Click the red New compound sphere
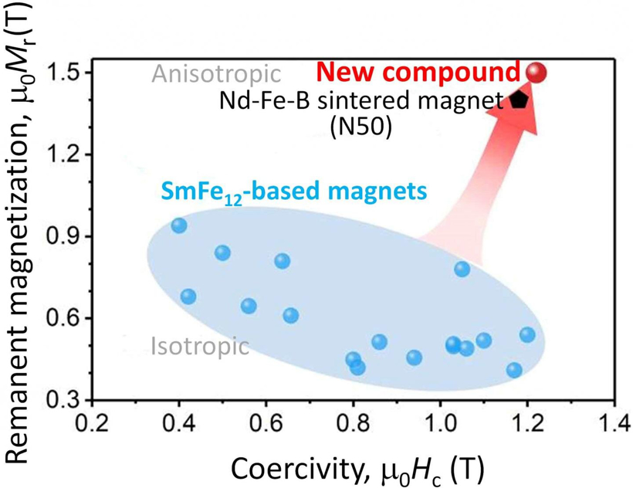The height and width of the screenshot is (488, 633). (x=537, y=73)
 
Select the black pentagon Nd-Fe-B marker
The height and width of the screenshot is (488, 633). (x=519, y=100)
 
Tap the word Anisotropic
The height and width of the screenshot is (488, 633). (x=215, y=74)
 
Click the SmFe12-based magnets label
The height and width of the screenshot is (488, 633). (x=293, y=191)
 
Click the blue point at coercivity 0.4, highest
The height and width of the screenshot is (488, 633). (x=179, y=225)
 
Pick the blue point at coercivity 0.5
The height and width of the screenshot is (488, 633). (x=222, y=252)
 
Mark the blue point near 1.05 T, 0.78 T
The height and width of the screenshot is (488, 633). (x=462, y=269)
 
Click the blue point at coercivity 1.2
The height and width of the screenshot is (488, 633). (x=527, y=334)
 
